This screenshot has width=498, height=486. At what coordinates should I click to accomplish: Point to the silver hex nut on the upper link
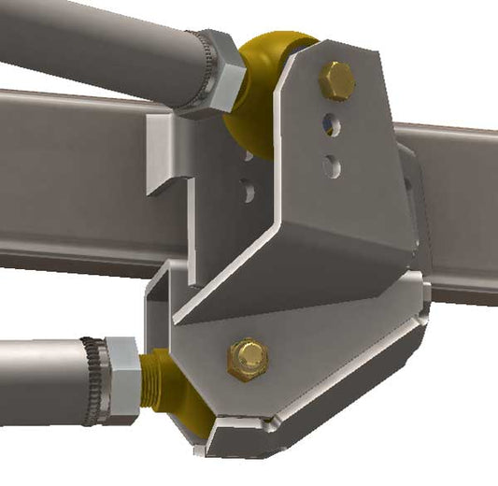pyautogui.click(x=211, y=72)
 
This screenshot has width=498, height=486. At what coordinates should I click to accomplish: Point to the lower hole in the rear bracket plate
pyautogui.click(x=249, y=191)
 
